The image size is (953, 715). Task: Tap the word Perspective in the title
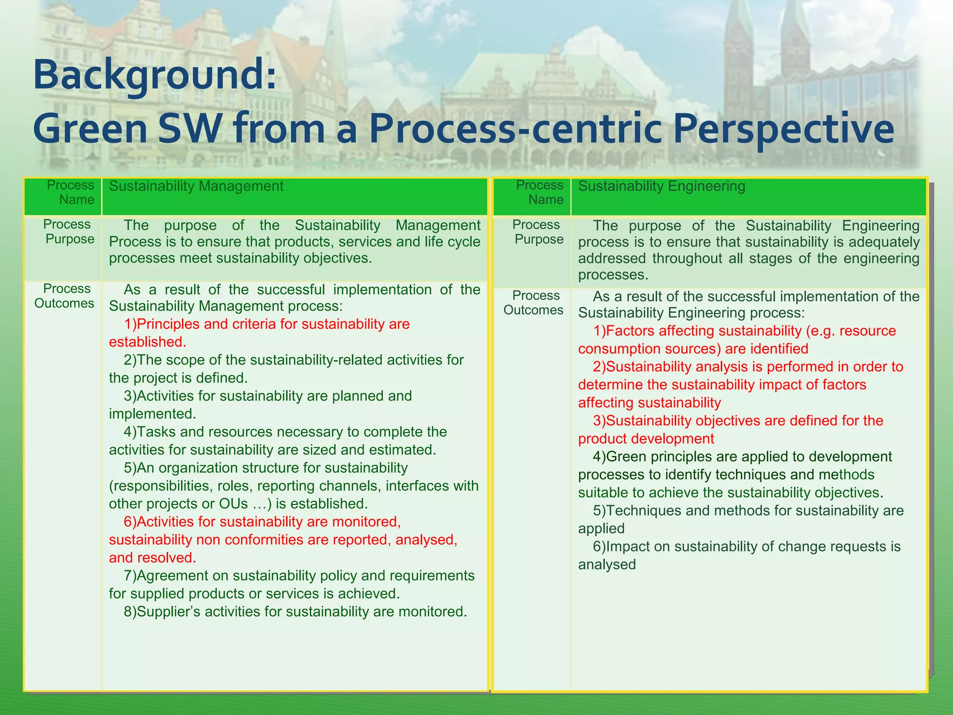click(783, 129)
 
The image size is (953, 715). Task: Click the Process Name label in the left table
click(70, 192)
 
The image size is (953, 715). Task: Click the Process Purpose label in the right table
click(537, 232)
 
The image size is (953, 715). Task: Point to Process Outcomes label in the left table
click(65, 296)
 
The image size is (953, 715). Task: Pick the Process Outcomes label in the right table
click(534, 303)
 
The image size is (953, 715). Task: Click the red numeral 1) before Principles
click(130, 324)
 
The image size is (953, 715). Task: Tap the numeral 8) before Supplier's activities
click(130, 612)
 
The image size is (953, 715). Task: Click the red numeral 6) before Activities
click(130, 522)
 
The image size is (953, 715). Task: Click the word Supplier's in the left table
click(168, 612)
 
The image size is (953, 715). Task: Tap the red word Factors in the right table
click(631, 331)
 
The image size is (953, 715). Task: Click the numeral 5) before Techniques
click(599, 511)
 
